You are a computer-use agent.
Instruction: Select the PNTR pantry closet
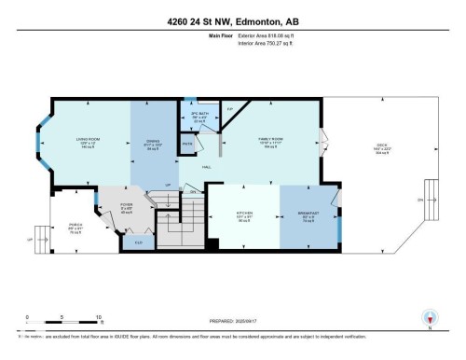[x=186, y=145]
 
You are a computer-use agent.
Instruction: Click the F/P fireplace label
[x=229, y=109]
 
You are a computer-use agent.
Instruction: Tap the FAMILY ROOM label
[x=271, y=142]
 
